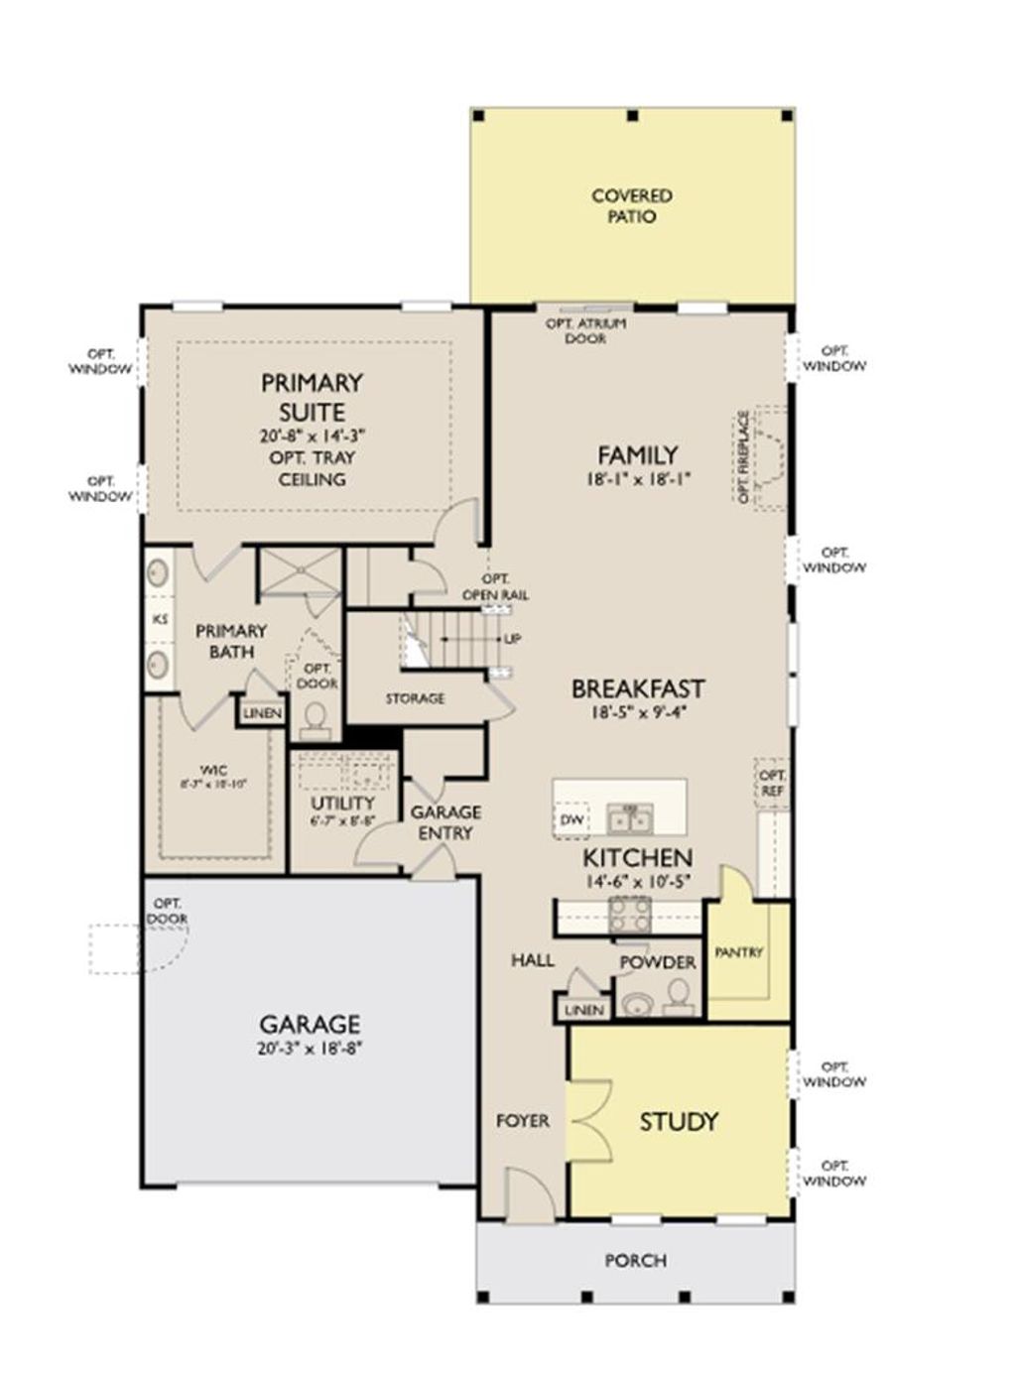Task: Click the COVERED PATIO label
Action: pyautogui.click(x=632, y=206)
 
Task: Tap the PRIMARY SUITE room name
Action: pyautogui.click(x=312, y=397)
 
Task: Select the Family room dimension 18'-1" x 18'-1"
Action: pyautogui.click(x=637, y=478)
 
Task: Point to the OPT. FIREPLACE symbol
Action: pyautogui.click(x=769, y=457)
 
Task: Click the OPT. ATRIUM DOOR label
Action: pyautogui.click(x=585, y=331)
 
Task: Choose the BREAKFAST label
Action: pyautogui.click(x=638, y=688)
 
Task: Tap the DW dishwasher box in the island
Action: pyautogui.click(x=571, y=819)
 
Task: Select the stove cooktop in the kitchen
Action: pyautogui.click(x=629, y=914)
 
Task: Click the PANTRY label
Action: pyautogui.click(x=739, y=952)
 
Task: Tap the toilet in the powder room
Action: pyautogui.click(x=679, y=993)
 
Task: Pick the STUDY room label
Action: pyautogui.click(x=679, y=1122)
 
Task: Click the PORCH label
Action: pyautogui.click(x=636, y=1261)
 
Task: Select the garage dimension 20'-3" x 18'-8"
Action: pyautogui.click(x=310, y=1048)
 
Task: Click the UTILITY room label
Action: pyautogui.click(x=342, y=803)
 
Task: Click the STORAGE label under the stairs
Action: pyautogui.click(x=415, y=698)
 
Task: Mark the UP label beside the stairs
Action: pyautogui.click(x=512, y=639)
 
